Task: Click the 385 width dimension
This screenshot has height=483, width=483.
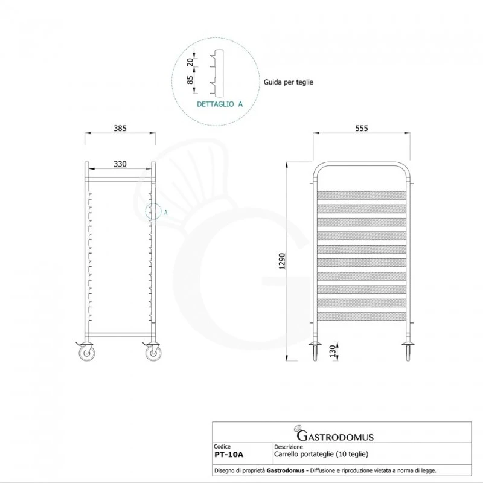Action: coord(120,128)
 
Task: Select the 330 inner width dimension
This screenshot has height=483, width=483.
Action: coord(120,164)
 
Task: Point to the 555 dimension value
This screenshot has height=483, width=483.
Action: coord(361,128)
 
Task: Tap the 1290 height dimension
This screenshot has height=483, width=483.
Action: coord(282,261)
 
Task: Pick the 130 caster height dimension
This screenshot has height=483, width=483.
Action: coord(333,351)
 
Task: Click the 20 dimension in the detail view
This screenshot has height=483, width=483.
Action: coord(190,62)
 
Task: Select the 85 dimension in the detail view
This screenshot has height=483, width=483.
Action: coord(190,80)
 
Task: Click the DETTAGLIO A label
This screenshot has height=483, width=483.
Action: coord(220,104)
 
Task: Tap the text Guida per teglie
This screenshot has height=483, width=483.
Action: coord(289,82)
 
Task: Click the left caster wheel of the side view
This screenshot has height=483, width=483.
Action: coord(87,353)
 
